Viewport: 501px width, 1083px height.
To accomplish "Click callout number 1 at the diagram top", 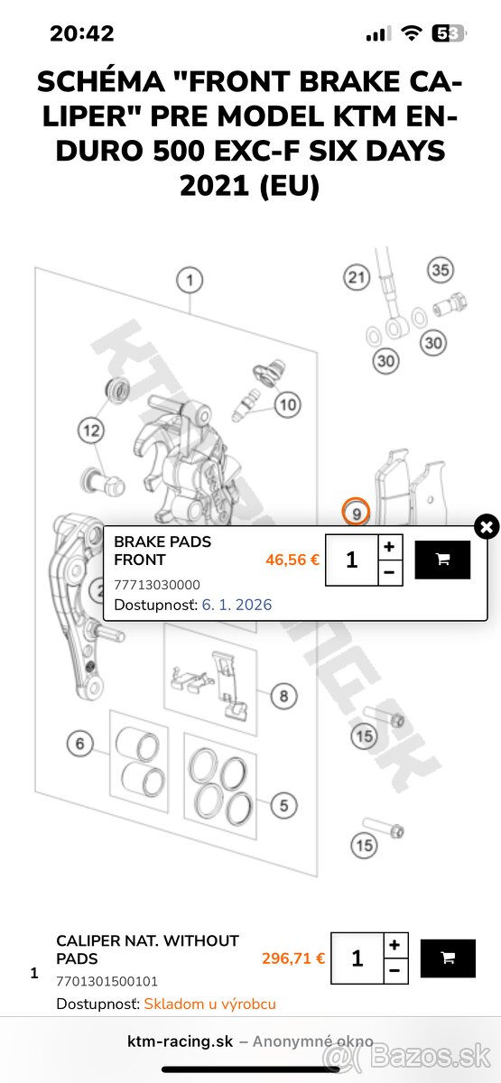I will pos(189,280).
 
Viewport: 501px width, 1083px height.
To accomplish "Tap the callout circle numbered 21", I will pos(357,276).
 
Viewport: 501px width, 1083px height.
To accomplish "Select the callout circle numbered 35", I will pos(440,270).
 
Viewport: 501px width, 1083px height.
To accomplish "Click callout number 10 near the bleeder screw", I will pos(287,404).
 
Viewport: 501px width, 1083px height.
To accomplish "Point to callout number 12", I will pos(91,430).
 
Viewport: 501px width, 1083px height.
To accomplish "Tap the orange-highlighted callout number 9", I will pos(357,513).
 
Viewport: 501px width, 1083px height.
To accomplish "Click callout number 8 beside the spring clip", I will pos(283,696).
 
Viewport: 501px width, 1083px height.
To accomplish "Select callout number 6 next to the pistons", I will pos(79,744).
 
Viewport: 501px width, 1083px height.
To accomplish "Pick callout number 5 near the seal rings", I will pos(283,805).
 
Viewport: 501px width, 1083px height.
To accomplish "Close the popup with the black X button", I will pos(487,526).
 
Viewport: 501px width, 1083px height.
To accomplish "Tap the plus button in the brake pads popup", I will pos(389,547).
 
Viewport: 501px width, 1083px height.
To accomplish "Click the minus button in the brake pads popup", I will pos(389,572).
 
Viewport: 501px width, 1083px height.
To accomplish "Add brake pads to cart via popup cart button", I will pos(442,560).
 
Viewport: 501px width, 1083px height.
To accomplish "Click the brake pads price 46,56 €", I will pos(292,560).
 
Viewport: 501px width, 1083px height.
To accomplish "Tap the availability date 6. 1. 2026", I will pos(237,605).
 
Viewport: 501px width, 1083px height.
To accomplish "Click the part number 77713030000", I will pos(157,585).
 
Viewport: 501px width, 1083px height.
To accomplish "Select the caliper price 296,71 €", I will pos(293,958).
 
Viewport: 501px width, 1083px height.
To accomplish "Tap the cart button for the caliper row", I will pos(448,958).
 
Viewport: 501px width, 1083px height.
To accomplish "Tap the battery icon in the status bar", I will pos(449,34).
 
